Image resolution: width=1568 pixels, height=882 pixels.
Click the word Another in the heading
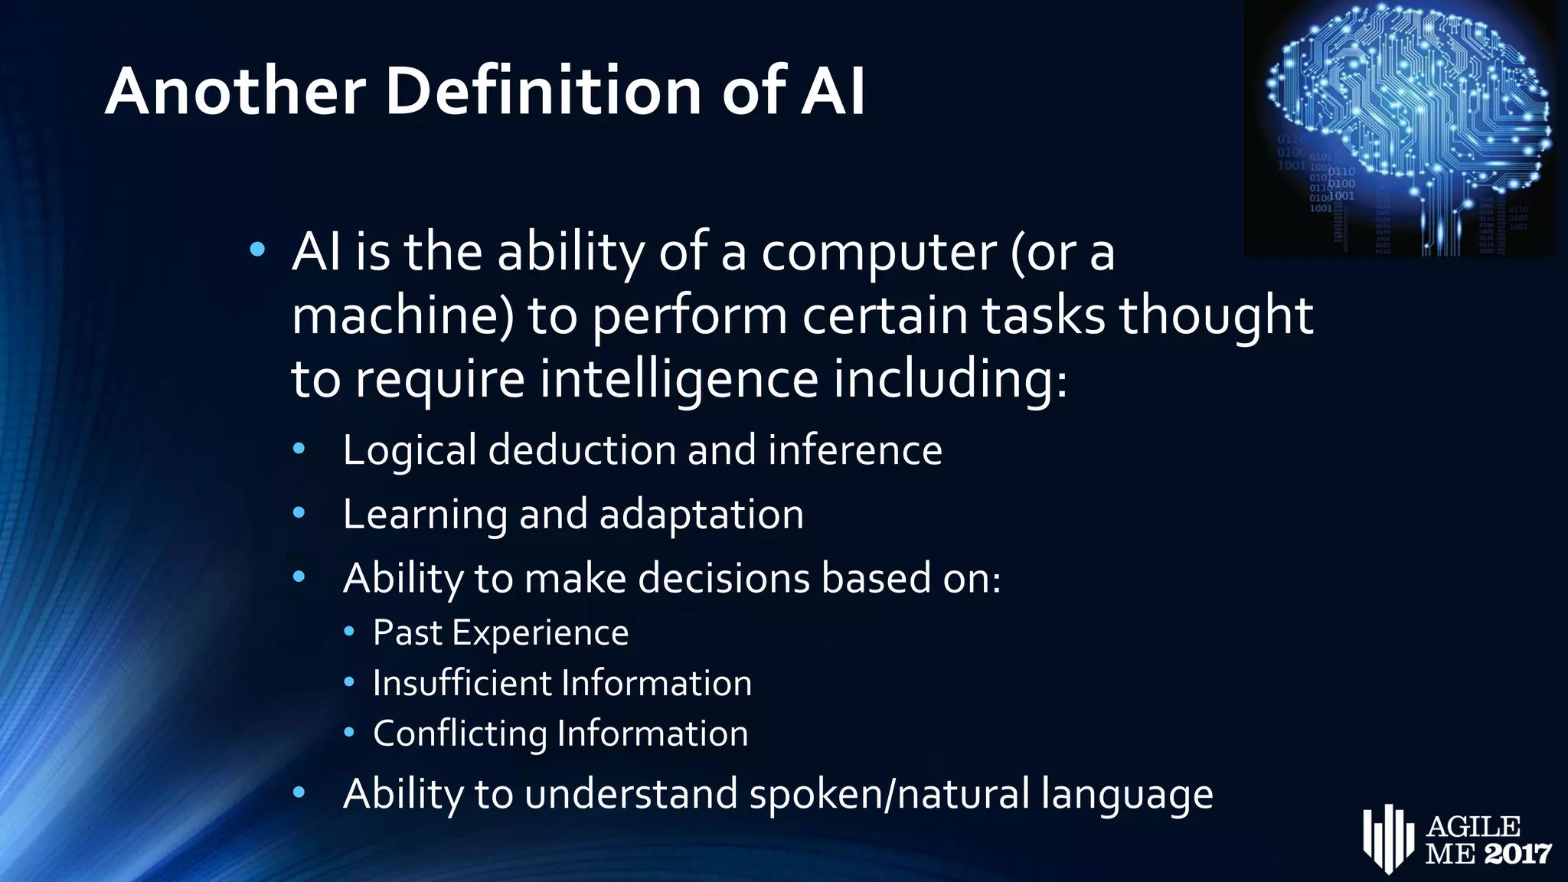pyautogui.click(x=236, y=91)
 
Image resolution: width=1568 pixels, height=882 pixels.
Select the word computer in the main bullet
pyautogui.click(x=878, y=253)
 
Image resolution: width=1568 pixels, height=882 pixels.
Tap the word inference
pyautogui.click(x=854, y=449)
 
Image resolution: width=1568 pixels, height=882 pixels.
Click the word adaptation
pyautogui.click(x=701, y=514)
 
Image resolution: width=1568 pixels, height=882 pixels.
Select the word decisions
pyautogui.click(x=724, y=577)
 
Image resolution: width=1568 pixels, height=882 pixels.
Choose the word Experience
pyautogui.click(x=540, y=633)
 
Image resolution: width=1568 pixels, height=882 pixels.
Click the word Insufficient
pyautogui.click(x=462, y=683)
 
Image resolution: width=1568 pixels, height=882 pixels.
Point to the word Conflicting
pyautogui.click(x=459, y=733)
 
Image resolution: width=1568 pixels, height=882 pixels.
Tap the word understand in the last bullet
pyautogui.click(x=631, y=793)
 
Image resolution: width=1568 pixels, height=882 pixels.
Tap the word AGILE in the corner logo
pyautogui.click(x=1474, y=827)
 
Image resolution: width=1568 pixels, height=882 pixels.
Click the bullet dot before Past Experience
pyautogui.click(x=349, y=632)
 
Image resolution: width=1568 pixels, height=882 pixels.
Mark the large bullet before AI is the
pyautogui.click(x=257, y=249)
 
